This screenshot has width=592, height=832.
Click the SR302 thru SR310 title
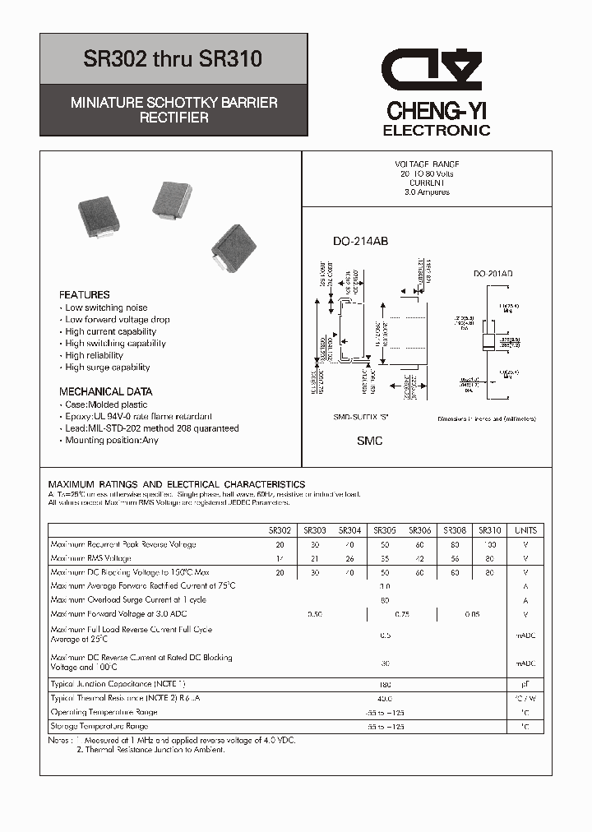point(173,59)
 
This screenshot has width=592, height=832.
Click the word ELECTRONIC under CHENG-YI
point(437,130)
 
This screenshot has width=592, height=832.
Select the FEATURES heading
point(84,294)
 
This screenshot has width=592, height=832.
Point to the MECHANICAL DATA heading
point(105,391)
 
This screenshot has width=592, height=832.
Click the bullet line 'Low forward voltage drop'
point(118,320)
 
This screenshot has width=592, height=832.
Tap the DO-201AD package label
point(493,274)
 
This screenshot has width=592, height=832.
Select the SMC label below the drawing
point(369,441)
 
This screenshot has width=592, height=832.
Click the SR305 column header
point(385,530)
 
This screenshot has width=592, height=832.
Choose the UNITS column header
point(525,530)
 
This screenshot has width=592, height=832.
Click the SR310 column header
point(489,530)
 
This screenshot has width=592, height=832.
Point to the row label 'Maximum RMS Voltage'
point(90,558)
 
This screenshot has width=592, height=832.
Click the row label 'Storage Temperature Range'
point(99,727)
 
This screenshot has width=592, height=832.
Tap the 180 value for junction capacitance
point(385,684)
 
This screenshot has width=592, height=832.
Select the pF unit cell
point(525,684)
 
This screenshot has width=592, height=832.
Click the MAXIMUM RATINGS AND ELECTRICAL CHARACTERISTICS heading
point(177,484)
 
